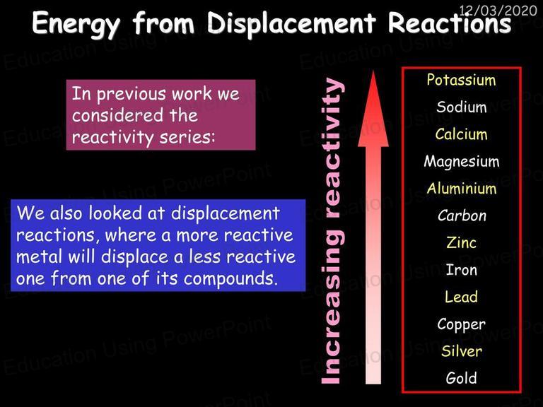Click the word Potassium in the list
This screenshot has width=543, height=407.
461,80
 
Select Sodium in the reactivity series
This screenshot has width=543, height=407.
462,107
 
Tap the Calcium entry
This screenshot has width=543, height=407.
461,134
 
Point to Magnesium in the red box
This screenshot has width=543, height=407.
462,162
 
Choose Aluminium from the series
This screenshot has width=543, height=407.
462,189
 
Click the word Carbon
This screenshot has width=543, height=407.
462,216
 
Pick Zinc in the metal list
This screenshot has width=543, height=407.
461,242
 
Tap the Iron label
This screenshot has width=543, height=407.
461,270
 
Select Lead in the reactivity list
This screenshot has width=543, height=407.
461,297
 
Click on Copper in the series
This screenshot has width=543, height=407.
461,324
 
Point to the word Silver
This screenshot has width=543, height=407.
462,351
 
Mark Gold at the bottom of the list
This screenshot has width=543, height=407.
461,378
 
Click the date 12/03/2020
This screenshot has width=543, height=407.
498,11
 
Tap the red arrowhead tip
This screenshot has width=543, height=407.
373,71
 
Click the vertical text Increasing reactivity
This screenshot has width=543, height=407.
332,231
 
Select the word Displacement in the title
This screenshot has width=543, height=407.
291,23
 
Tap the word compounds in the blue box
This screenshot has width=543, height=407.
230,279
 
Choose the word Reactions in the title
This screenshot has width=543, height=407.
450,23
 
